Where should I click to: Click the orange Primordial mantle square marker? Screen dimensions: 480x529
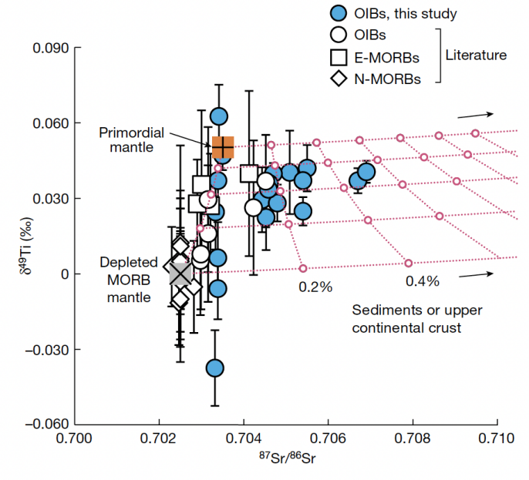[x=223, y=146]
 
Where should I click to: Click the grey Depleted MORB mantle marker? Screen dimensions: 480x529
[x=180, y=274]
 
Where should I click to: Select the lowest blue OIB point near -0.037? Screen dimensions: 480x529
[x=215, y=368]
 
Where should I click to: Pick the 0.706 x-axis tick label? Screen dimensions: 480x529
[x=329, y=441]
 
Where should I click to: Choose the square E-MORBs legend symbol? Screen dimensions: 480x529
[x=336, y=55]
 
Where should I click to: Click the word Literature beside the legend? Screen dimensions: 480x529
[x=476, y=55]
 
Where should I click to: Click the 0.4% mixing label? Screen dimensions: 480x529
[x=422, y=281]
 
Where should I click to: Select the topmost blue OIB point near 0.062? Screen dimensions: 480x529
[x=219, y=116]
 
